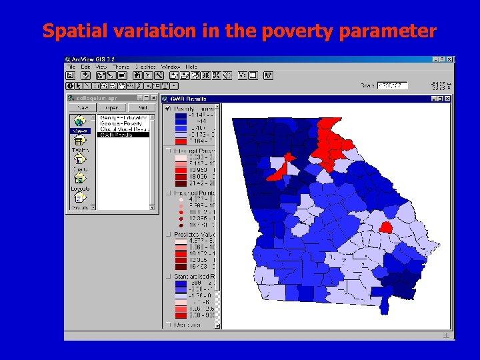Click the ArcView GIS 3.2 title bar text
click(x=97, y=59)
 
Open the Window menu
click(x=171, y=67)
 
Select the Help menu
click(x=191, y=67)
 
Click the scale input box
click(x=391, y=85)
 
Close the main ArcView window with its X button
click(x=450, y=59)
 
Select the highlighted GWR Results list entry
click(x=123, y=135)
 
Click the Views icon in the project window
click(x=79, y=123)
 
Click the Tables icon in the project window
click(x=79, y=143)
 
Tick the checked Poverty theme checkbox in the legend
click(x=169, y=108)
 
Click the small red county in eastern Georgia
click(x=385, y=227)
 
